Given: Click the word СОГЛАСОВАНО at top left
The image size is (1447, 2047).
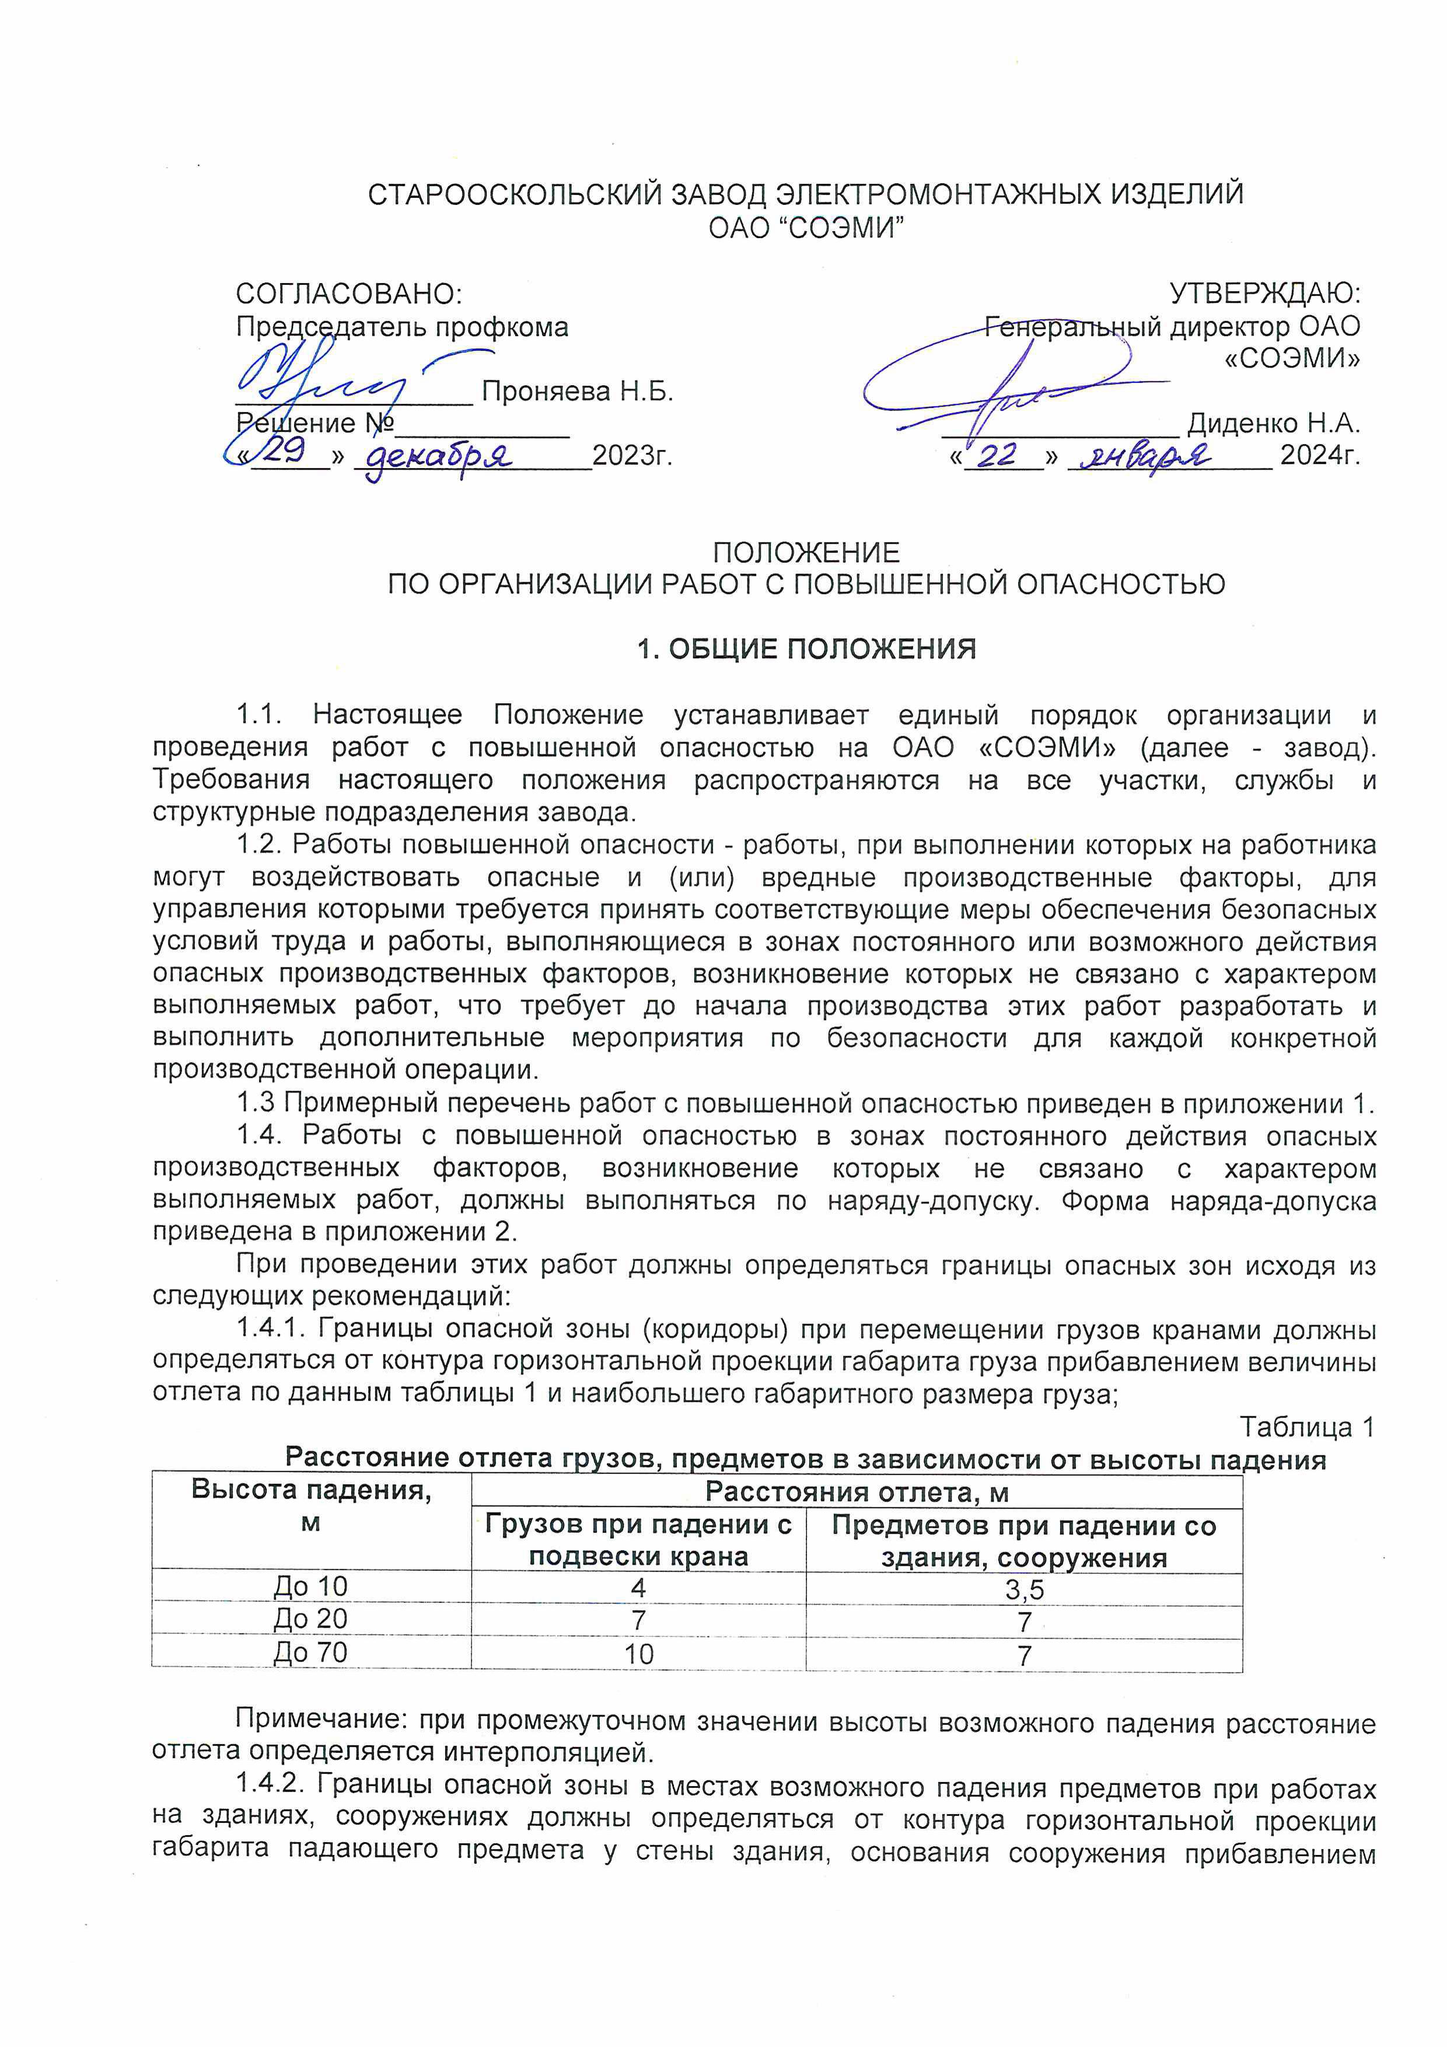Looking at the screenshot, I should (x=348, y=294).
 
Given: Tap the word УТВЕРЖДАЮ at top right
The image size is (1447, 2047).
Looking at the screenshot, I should (x=1264, y=294).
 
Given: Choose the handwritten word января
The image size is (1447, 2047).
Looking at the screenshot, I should (x=1145, y=456).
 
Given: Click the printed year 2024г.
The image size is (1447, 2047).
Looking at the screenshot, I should (x=1319, y=456).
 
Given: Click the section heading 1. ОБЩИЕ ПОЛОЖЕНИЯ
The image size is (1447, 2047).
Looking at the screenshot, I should (x=806, y=649).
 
